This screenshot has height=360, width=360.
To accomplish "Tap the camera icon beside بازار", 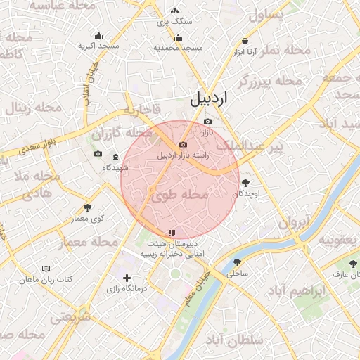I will coord(207,122).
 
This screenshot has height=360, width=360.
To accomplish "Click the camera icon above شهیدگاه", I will coord(98,154).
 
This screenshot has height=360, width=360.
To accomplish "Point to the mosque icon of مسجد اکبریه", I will coord(98,36).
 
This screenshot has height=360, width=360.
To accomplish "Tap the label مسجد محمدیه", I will coord(179,48).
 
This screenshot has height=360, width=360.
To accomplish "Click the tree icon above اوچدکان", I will coord(245,183).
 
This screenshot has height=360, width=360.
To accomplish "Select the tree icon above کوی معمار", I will coord(88,207).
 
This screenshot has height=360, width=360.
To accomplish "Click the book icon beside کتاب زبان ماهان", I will coord(46,269).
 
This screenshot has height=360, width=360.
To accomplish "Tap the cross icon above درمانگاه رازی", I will coord(127,278).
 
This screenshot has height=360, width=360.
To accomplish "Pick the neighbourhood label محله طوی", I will coord(180,195).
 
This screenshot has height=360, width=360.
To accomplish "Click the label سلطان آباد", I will coord(234,340).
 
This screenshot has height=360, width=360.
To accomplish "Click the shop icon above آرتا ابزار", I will coord(245,41).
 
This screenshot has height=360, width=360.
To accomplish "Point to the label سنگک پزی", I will coord(174,22).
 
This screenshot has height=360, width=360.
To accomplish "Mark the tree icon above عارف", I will coord(353,263).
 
